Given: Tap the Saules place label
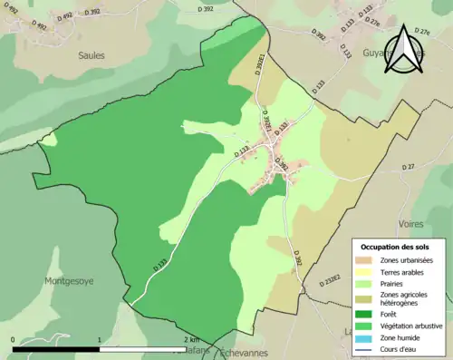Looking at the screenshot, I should click(91, 55).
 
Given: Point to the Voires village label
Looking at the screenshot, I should click(412, 223).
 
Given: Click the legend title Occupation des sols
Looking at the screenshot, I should click(395, 247).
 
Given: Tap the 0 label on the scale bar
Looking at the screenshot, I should click(14, 340).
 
